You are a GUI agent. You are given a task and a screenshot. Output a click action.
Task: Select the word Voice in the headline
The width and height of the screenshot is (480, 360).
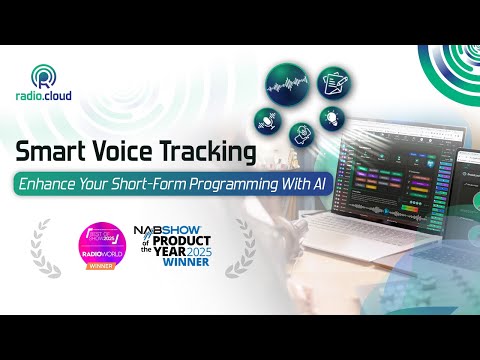tap(127, 153)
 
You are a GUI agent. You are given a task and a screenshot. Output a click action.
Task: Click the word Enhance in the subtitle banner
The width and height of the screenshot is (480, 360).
tap(60, 185)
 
